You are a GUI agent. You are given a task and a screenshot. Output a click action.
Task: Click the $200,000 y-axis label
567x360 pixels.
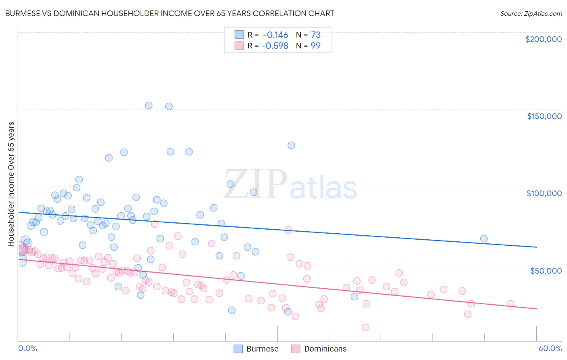543,39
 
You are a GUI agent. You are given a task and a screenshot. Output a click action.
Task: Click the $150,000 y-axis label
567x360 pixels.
544,116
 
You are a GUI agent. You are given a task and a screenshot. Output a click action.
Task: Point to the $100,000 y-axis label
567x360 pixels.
544,193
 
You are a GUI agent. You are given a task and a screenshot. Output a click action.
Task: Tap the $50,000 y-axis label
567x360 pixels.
546,270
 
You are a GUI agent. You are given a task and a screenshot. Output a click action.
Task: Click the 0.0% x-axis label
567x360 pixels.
27,348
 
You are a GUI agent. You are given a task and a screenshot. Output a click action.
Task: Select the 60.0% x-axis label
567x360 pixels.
550,348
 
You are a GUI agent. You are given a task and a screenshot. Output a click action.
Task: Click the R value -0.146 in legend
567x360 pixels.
275,35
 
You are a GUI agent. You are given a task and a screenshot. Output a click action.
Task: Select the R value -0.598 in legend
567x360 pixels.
275,46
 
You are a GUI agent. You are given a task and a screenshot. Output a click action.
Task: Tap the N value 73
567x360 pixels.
315,35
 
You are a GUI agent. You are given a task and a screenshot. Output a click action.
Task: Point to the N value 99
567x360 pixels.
315,46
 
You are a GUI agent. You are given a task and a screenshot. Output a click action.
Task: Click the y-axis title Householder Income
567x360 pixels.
11,184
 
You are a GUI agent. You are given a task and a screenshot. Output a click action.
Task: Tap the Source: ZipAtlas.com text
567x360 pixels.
531,13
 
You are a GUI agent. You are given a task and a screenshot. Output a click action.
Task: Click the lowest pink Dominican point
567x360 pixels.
365,327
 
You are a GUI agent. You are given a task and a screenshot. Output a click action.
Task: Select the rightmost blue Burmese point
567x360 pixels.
484,239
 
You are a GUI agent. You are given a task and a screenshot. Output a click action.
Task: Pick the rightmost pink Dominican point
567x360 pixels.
511,303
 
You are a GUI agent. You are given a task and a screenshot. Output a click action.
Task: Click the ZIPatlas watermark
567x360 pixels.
290,185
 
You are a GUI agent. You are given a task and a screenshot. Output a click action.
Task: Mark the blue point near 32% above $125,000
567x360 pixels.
291,145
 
